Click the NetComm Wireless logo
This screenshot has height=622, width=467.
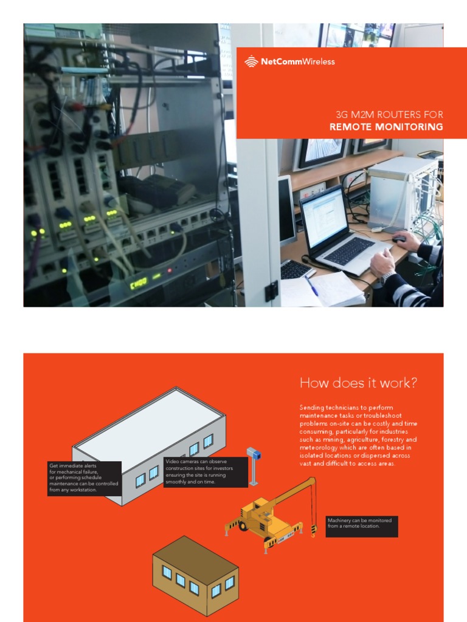click(x=289, y=61)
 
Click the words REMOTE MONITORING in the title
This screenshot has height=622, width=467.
click(x=386, y=127)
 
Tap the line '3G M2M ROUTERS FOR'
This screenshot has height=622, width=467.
click(x=389, y=114)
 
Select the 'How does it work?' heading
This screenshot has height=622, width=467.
click(x=359, y=383)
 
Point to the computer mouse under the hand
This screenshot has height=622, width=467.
click(x=399, y=239)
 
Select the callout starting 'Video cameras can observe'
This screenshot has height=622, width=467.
click(x=206, y=472)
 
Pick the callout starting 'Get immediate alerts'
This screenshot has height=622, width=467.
click(x=84, y=478)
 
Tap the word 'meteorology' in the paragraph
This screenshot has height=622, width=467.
click(x=322, y=448)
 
